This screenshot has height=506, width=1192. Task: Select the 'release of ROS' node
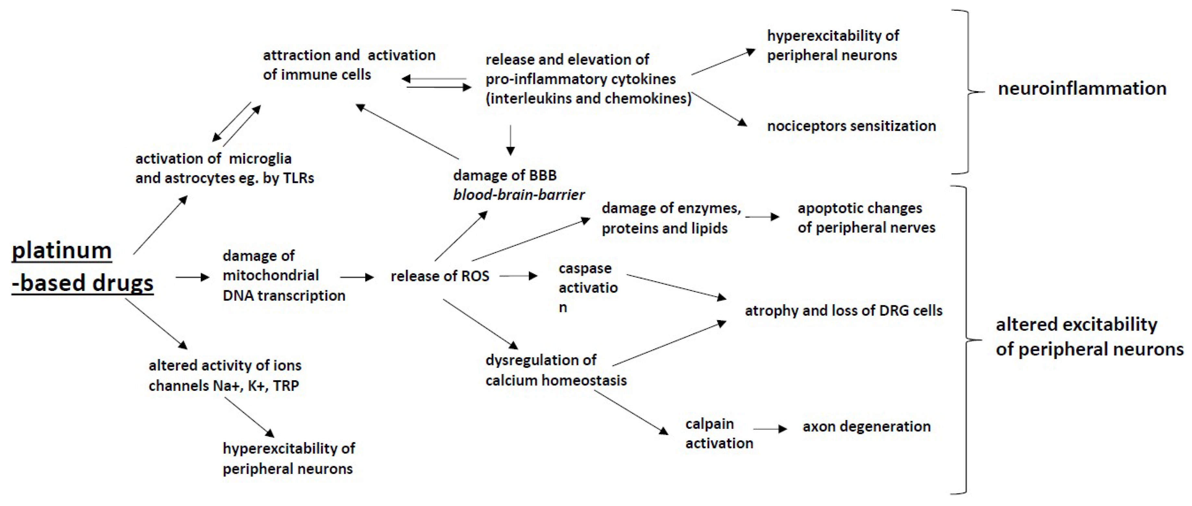point(440,276)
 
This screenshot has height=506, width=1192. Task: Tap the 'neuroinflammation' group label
point(1082,88)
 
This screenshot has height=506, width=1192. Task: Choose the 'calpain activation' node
point(719,433)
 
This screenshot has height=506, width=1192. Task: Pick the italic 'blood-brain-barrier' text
point(519,195)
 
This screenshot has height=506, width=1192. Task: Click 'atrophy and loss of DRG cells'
point(843,310)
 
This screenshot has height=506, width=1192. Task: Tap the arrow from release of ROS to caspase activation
point(518,276)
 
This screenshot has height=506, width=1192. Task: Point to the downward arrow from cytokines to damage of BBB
point(510,140)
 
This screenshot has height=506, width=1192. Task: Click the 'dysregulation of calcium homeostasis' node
point(556,370)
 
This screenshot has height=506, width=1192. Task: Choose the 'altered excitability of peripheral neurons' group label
point(1089,337)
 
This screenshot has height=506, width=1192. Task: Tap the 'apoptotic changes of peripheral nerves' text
point(866,218)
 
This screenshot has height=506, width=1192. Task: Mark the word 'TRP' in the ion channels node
point(286,385)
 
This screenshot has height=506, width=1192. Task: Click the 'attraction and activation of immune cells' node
point(349,65)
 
